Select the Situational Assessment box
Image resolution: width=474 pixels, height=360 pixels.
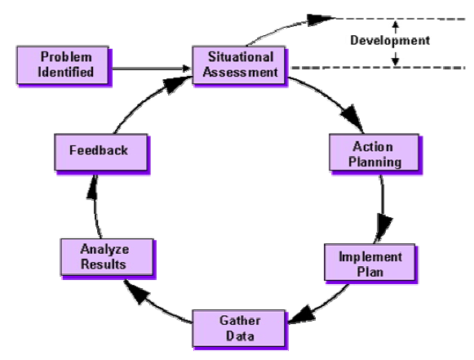point(239,65)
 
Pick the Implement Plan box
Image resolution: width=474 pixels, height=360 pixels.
point(370,262)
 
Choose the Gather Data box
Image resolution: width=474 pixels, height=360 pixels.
point(239,328)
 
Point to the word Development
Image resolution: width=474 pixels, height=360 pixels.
point(390,40)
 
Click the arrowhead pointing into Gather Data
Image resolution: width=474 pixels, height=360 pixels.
point(303,315)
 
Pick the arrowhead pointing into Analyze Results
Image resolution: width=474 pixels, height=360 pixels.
point(136,291)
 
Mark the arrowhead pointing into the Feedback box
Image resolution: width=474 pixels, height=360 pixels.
point(92,188)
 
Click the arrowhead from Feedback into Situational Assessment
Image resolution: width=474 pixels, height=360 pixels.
point(175,84)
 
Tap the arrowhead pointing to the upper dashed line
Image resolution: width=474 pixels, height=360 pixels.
point(321,20)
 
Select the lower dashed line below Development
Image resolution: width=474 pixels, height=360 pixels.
point(378,68)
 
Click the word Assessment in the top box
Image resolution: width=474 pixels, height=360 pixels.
point(241,73)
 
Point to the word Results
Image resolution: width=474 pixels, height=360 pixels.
point(104,264)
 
